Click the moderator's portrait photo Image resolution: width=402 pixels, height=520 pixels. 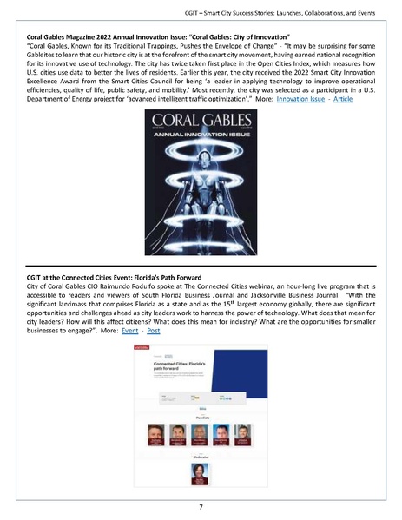point(201,473)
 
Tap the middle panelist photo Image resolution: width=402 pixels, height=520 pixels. point(201,431)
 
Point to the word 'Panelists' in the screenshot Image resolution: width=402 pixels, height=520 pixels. point(201,416)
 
